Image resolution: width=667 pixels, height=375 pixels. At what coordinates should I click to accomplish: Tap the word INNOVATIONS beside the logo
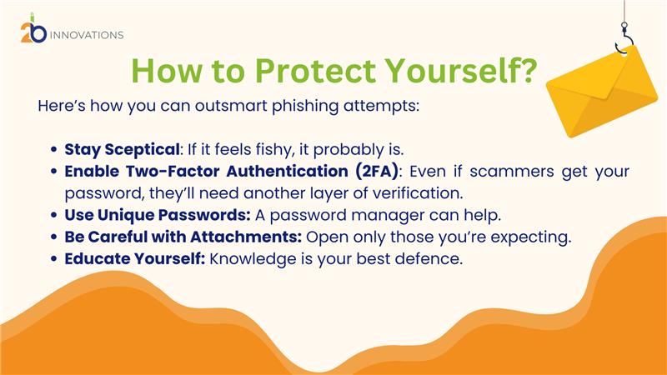coord(87,35)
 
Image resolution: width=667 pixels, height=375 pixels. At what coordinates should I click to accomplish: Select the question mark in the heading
coord(529,70)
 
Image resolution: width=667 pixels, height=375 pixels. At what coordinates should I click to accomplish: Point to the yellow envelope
coord(602,92)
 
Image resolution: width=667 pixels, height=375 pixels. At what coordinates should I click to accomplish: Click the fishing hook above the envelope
coord(623,40)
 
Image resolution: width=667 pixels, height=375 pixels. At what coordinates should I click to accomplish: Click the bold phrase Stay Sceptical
coord(122,150)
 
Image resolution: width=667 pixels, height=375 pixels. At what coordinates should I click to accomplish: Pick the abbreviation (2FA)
coord(377,172)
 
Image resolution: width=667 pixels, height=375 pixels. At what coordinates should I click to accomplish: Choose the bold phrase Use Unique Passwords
coord(158,215)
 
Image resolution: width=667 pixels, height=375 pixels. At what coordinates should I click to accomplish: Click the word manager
coord(388,216)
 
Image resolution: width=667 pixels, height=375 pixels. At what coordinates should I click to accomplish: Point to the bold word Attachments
coord(246,237)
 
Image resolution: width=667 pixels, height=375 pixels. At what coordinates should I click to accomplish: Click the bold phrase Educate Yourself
coord(135,258)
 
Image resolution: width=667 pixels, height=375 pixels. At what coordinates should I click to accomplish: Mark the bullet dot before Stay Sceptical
coord(53,150)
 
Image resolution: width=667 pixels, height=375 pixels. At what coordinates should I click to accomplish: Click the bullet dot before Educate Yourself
coord(53,258)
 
